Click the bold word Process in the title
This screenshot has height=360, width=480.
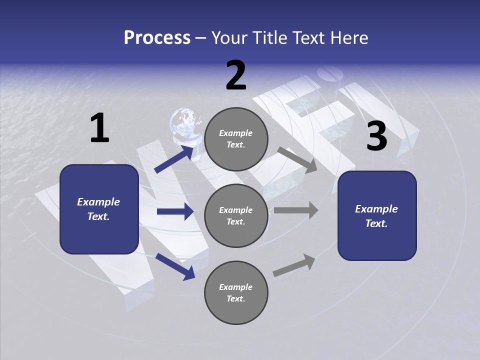(x=157, y=37)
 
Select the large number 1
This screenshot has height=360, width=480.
(x=99, y=128)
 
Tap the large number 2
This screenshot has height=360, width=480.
(x=236, y=76)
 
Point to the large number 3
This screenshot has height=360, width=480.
(x=376, y=137)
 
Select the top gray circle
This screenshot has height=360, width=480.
(x=236, y=139)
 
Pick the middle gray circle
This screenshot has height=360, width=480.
(x=236, y=215)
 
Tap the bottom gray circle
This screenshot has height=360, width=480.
(x=236, y=292)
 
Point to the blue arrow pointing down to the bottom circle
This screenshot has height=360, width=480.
(x=175, y=266)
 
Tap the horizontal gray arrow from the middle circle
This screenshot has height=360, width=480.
(x=296, y=210)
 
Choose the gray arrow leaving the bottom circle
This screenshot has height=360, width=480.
(x=294, y=265)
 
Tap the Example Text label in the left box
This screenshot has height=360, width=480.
(x=98, y=209)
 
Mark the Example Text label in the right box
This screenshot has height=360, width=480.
(x=376, y=216)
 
